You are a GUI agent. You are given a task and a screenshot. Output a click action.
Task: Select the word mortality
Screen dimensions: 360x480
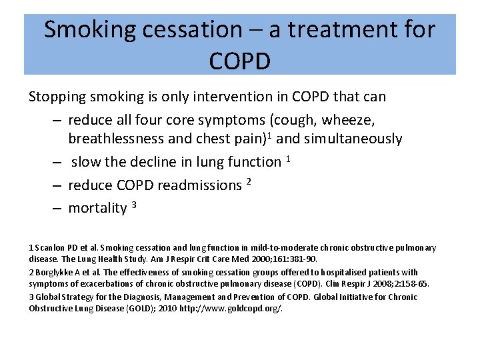97,208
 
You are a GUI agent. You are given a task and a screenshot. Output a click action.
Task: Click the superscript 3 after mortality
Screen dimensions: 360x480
134,204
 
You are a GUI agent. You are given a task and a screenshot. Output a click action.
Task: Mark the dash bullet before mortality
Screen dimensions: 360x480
57,208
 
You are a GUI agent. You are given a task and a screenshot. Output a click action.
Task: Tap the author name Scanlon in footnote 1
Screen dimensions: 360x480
52,248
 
